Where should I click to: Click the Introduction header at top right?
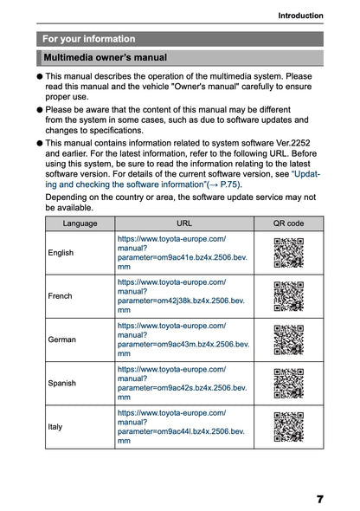[300, 16]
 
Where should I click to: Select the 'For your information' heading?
[89, 39]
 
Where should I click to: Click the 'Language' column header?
[80, 223]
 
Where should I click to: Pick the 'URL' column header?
[183, 223]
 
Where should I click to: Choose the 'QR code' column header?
[288, 223]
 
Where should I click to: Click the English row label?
[61, 253]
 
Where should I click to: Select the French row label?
[61, 296]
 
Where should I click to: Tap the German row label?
[62, 340]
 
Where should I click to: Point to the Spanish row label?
[62, 383]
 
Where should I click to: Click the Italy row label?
[57, 427]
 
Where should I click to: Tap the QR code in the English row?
[287, 252]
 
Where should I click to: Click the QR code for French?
[287, 296]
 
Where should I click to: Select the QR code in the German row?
[287, 340]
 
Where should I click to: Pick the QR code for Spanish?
[287, 383]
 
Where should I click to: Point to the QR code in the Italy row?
[287, 427]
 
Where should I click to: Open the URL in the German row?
[183, 340]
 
